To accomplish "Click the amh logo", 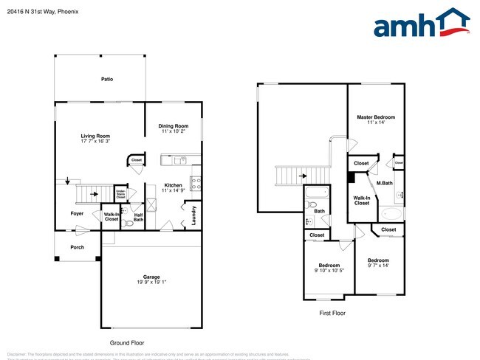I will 422,24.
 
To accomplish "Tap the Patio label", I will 107,79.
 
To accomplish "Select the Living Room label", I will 95,136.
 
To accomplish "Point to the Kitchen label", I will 173,185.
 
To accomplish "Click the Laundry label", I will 194,215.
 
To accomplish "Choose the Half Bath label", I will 138,218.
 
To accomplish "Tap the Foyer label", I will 78,214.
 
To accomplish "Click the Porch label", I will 78,248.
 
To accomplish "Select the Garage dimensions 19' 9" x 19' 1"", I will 151,281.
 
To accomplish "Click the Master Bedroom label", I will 376,117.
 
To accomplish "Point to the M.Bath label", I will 384,183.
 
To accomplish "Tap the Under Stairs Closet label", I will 120,194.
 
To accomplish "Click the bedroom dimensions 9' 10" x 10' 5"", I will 329,271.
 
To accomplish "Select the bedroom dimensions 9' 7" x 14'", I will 378,266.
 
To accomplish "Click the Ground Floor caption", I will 127,343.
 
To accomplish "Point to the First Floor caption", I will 332,313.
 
